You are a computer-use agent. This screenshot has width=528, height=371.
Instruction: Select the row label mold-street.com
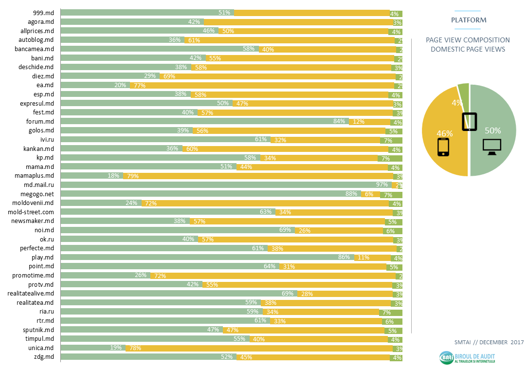tap(31, 212)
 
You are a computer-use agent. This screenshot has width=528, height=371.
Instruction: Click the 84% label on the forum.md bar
tap(339, 121)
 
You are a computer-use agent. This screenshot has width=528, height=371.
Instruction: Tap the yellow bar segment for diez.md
tap(282, 76)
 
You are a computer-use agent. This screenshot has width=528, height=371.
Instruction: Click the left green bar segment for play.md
tap(200, 257)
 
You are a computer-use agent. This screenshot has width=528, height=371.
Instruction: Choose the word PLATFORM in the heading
tap(468, 20)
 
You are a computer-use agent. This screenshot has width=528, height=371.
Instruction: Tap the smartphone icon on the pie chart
tap(443, 147)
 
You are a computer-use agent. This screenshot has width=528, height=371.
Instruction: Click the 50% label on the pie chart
tap(493, 130)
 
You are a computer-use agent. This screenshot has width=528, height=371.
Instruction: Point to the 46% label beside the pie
tap(444, 133)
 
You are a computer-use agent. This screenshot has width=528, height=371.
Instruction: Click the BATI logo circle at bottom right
tap(446, 358)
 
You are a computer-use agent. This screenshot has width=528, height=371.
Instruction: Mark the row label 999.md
tap(42, 13)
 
